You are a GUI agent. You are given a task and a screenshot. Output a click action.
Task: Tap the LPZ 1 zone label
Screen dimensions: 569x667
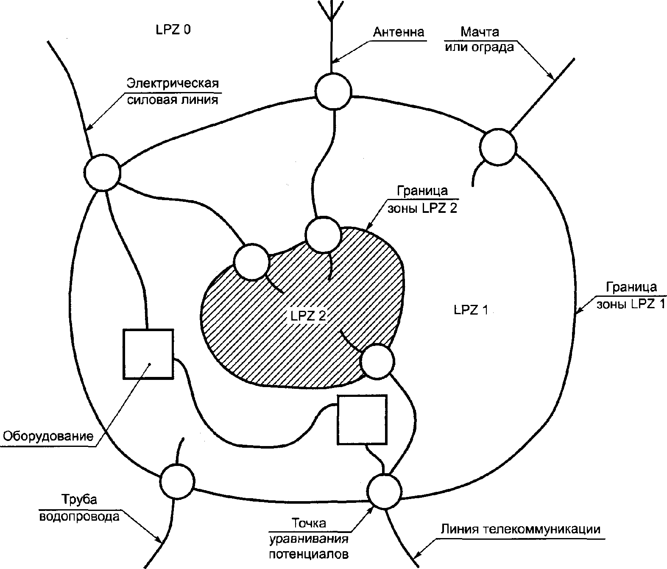471,310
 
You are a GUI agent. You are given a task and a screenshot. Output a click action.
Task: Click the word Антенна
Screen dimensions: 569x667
398,32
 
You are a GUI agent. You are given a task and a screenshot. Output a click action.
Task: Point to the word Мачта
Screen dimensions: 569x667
480,32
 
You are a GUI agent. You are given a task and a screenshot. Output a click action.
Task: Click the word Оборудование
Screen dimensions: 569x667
48,436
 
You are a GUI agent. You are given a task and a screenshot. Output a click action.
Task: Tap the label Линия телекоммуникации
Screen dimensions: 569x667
521,529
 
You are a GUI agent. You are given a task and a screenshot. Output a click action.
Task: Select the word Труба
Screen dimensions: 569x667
79,499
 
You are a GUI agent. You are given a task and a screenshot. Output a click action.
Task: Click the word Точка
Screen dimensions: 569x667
309,523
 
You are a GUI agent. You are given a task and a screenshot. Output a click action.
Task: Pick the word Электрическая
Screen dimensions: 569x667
173,83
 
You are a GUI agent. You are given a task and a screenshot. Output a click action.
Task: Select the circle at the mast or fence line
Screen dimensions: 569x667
498,147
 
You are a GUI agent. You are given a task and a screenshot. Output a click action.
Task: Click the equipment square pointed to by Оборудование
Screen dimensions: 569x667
148,354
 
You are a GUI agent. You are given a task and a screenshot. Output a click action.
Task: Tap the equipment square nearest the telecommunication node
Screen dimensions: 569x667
362,420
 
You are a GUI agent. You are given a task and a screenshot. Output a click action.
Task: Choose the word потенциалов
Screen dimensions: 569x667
309,554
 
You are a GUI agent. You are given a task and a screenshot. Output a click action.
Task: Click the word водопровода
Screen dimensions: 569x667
79,517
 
